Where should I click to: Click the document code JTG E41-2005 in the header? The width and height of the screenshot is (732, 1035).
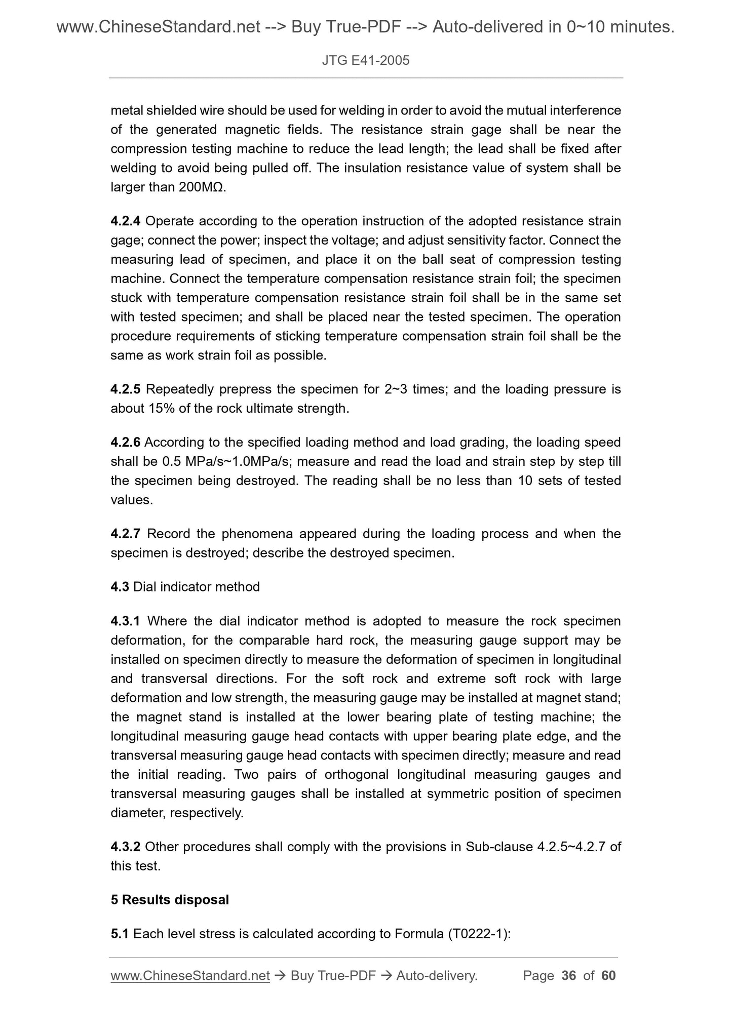(365, 61)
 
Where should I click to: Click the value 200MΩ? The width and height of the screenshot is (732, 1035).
(202, 187)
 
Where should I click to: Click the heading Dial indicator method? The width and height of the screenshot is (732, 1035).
(196, 587)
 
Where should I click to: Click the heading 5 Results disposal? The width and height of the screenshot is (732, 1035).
(170, 900)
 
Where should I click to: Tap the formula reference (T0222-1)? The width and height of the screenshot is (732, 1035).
(479, 934)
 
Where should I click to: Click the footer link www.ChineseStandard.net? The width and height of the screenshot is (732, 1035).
(190, 976)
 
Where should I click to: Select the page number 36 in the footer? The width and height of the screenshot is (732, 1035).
(569, 976)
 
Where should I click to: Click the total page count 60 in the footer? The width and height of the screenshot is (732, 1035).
(608, 976)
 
